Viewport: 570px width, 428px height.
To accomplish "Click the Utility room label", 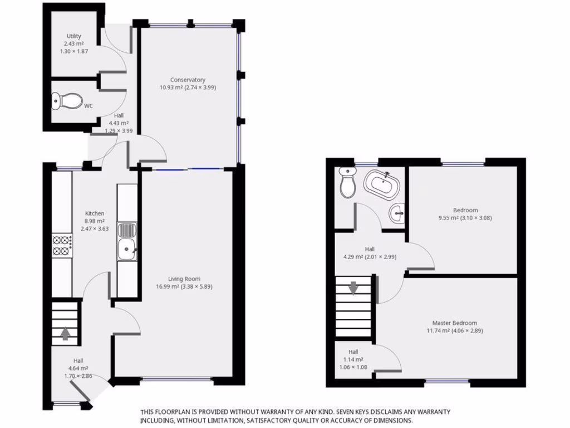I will click(x=74, y=36).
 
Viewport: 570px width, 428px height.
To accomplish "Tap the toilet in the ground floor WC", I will click(x=66, y=101).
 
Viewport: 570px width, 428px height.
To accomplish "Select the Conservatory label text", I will click(x=188, y=80).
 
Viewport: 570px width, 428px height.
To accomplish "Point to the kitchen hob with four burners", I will click(x=62, y=246).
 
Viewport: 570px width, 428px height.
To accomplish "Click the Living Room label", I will click(x=184, y=279).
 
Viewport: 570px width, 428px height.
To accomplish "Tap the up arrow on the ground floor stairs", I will click(x=65, y=333).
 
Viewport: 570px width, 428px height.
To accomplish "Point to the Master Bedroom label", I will click(x=454, y=323).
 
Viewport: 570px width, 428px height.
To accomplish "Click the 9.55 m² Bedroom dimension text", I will click(x=465, y=218).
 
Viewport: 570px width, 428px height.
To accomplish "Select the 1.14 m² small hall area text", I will click(x=353, y=359).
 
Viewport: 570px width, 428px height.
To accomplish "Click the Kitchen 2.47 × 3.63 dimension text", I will click(x=94, y=228).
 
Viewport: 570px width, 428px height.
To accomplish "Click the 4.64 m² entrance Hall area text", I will click(x=78, y=368).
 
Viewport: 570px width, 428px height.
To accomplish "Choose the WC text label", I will click(x=89, y=105).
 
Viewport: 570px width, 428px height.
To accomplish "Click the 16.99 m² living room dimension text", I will click(x=184, y=286).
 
